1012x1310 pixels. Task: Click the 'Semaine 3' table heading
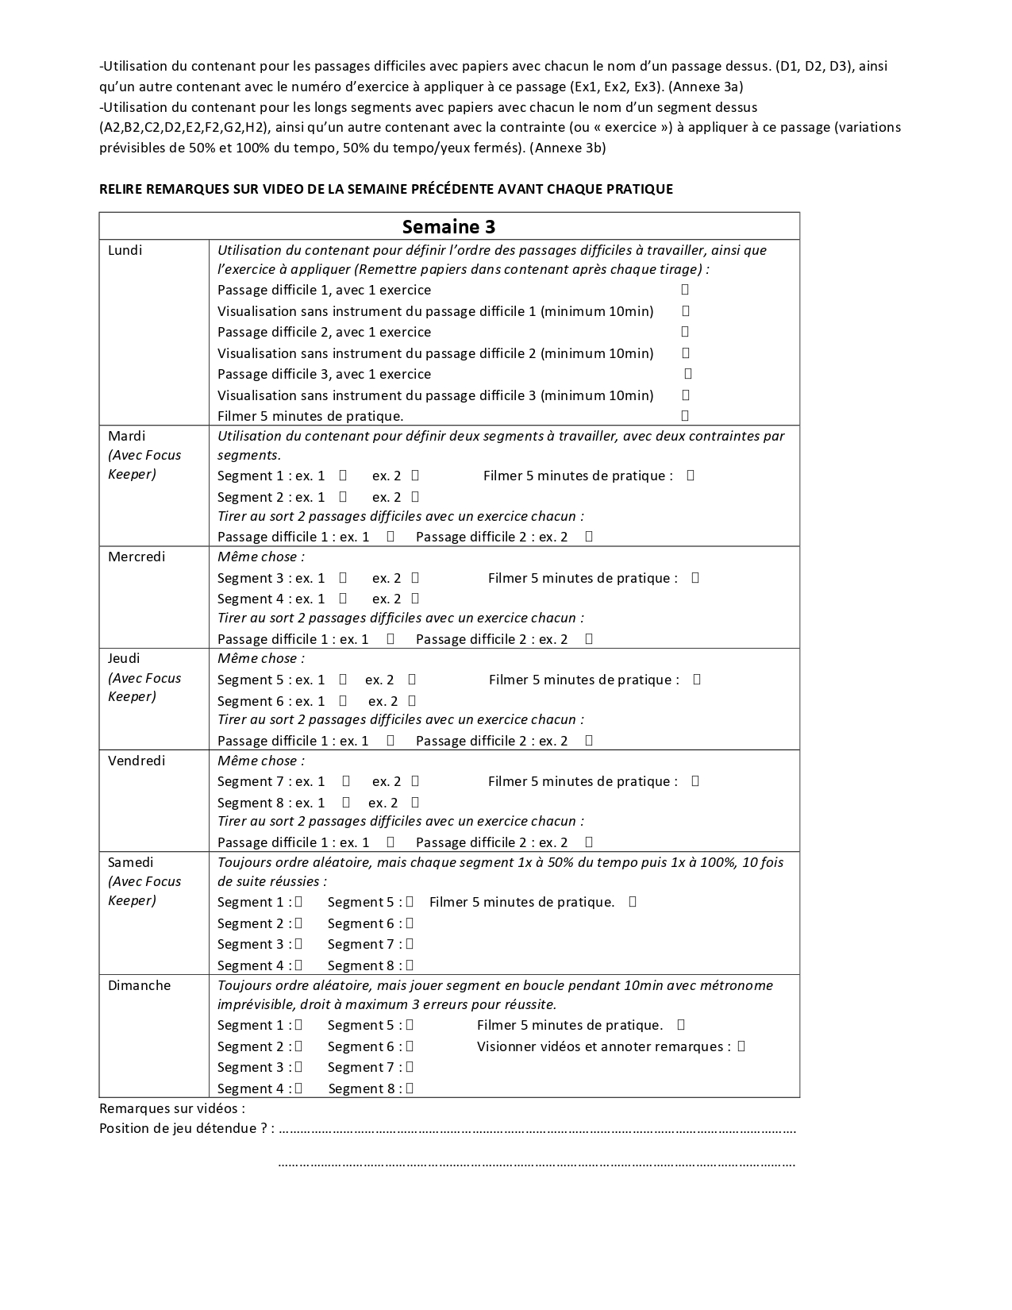(448, 227)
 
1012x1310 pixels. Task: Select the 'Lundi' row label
(125, 250)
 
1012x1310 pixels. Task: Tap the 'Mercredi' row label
(137, 557)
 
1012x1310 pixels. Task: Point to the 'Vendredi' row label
(137, 761)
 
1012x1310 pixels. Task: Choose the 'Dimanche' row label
(139, 985)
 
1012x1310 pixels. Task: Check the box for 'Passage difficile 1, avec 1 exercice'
(685, 290)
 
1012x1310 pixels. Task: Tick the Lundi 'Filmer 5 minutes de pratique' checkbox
(685, 415)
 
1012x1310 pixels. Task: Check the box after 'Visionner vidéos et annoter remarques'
(741, 1046)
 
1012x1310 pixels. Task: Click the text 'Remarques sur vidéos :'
(172, 1108)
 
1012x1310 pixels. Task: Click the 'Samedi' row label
(131, 862)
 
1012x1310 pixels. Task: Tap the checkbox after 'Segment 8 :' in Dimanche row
(410, 1088)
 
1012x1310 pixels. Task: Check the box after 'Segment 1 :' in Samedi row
(298, 902)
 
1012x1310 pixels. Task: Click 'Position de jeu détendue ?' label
(183, 1128)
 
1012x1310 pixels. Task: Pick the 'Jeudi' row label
(124, 658)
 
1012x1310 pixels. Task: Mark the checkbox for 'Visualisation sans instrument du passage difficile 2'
(686, 353)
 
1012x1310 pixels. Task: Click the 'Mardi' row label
(127, 436)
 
